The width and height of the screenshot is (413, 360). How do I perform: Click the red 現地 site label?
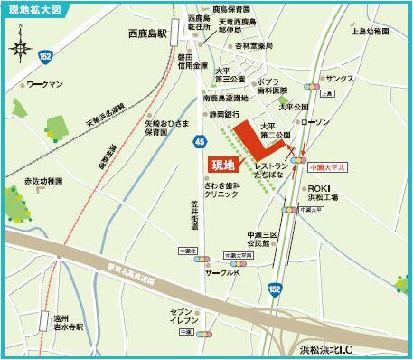coord(222,166)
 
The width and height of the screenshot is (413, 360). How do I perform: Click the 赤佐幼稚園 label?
coord(45,181)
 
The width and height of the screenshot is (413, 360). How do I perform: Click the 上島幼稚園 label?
coord(371,32)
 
